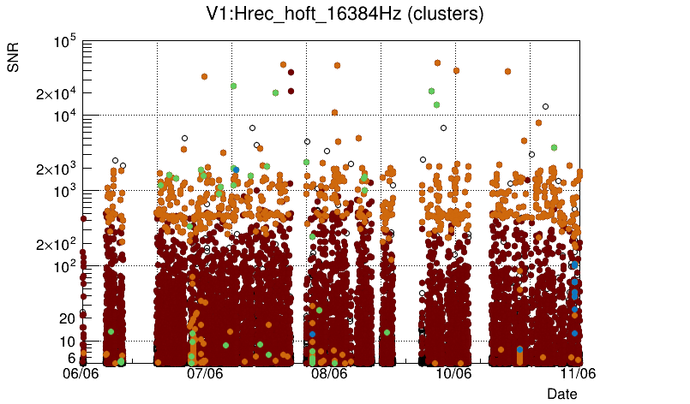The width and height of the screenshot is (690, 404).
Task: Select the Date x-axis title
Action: (562, 393)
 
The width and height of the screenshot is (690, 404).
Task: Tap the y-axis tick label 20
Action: (67, 318)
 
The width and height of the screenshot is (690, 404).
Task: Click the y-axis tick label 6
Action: (71, 358)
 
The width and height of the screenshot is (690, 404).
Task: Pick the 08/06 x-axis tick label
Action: (329, 373)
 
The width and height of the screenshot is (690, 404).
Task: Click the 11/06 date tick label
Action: (578, 373)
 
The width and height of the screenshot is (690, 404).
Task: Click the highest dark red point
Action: (291, 73)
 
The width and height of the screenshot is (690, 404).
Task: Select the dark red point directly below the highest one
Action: (291, 91)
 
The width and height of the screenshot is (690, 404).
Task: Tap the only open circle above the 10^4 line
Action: (545, 107)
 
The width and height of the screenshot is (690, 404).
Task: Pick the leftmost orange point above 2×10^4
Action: (204, 76)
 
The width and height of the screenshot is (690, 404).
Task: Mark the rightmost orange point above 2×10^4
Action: (508, 72)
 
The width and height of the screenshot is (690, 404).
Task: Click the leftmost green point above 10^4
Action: (233, 86)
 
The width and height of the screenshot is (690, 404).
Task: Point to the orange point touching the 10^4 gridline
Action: (334, 112)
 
